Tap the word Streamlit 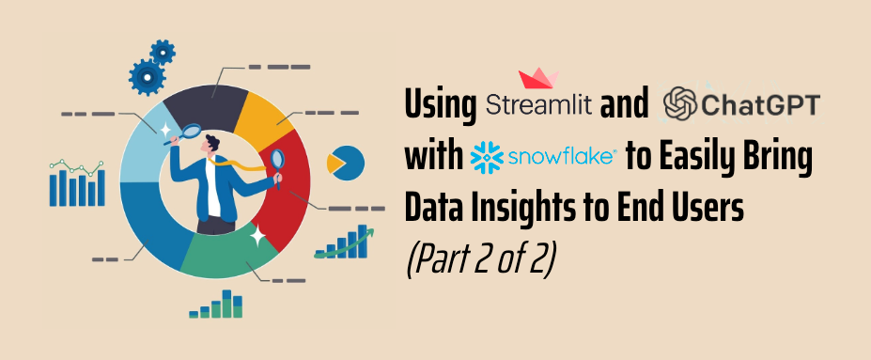pos(540,104)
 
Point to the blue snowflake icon pos(485,156)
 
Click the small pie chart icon pos(346,164)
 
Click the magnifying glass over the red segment pos(277,158)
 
